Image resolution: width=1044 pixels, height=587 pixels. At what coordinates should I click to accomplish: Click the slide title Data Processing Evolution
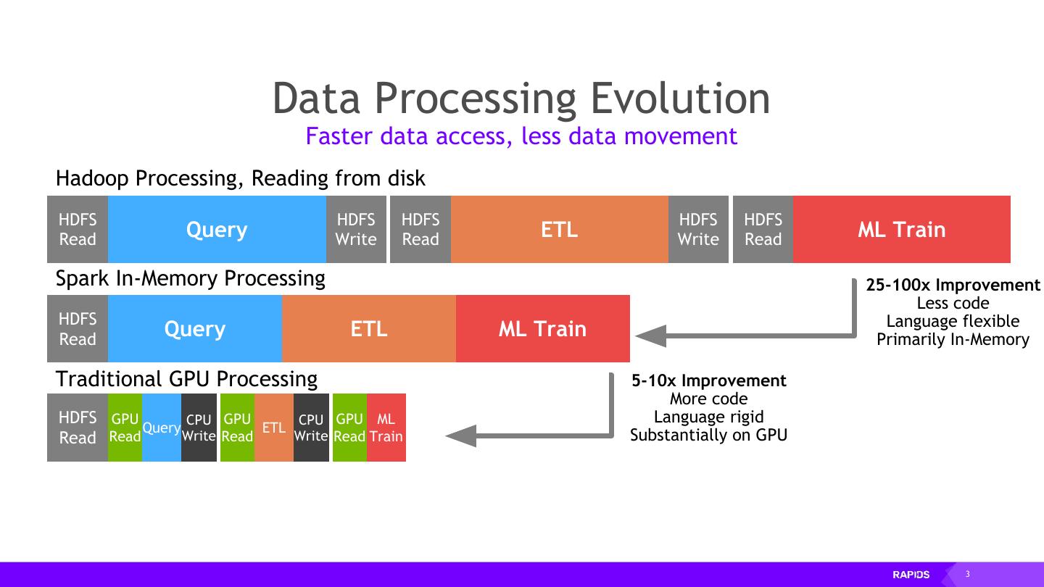click(x=521, y=99)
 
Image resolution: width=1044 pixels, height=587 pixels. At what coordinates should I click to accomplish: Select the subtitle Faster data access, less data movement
click(x=521, y=136)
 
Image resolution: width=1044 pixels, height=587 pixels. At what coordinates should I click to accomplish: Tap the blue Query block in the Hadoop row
click(x=217, y=230)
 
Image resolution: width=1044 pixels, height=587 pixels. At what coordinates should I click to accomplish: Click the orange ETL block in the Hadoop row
click(x=559, y=230)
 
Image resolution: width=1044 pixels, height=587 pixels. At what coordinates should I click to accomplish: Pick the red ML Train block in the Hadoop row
click(x=901, y=230)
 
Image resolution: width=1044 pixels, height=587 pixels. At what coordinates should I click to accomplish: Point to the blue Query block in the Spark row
click(x=194, y=329)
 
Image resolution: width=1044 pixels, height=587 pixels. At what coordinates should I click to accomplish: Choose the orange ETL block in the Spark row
click(x=368, y=329)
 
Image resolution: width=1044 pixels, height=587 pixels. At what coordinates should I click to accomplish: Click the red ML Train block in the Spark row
click(x=542, y=329)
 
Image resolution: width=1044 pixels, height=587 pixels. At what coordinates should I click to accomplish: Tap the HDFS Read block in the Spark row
click(x=78, y=329)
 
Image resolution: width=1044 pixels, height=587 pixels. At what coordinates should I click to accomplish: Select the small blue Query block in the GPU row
click(x=161, y=428)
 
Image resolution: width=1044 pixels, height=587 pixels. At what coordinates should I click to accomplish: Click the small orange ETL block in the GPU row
click(x=273, y=428)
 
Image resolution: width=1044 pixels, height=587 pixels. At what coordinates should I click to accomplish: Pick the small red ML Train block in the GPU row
click(x=386, y=428)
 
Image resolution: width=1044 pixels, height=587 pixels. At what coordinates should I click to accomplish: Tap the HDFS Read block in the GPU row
click(x=78, y=428)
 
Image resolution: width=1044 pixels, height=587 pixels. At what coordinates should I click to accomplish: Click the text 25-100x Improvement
click(x=953, y=285)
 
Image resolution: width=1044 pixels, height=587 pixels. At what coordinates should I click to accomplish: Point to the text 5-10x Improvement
click(x=708, y=380)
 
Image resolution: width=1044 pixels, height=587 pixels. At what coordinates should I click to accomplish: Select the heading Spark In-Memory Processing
click(x=190, y=278)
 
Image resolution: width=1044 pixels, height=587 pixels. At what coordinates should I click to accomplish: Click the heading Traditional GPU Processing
click(x=186, y=379)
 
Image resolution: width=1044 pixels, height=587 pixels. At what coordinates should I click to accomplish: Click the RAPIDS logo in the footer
click(x=911, y=575)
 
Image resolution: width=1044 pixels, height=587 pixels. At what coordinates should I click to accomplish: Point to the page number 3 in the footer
click(x=967, y=575)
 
